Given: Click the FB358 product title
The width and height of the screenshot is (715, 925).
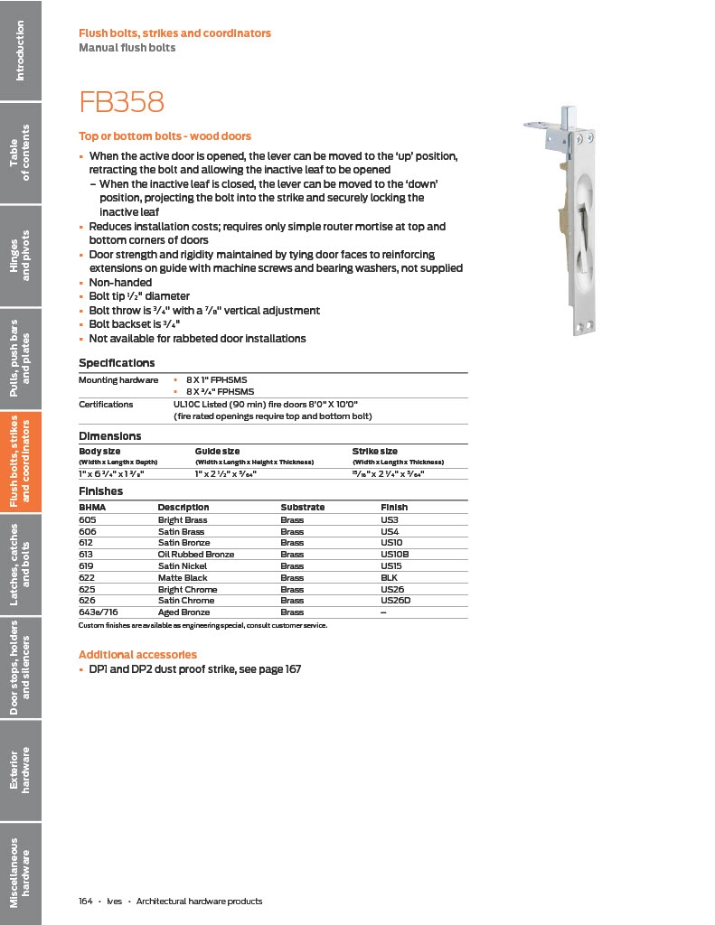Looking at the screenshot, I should [x=122, y=102].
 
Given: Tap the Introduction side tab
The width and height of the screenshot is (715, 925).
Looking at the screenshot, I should [x=20, y=50].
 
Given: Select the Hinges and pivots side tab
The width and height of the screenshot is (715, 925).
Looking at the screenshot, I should [x=20, y=256].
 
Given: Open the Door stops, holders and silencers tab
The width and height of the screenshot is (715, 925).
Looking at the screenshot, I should [x=20, y=668].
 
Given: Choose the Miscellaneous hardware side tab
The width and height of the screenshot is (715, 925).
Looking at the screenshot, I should [x=20, y=873].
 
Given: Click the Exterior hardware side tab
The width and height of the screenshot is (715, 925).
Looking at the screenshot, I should [x=20, y=771].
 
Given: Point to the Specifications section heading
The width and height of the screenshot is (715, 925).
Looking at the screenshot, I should [x=117, y=363].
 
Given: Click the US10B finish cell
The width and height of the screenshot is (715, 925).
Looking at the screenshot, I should [x=395, y=555].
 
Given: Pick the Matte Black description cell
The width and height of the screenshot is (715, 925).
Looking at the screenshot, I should [x=183, y=577].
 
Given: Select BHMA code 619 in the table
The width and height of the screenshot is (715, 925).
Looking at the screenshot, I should [x=87, y=566].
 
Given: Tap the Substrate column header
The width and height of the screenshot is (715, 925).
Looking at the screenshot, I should [x=302, y=508].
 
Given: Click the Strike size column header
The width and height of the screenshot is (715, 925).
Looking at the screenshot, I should [x=374, y=451].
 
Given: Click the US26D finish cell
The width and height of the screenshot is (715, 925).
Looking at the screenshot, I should [x=396, y=601].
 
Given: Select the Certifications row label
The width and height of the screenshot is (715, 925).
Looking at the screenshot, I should [x=106, y=405].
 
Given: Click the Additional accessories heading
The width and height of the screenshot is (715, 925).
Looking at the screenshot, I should [x=137, y=654].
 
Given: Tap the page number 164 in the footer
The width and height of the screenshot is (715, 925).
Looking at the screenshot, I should [x=86, y=902].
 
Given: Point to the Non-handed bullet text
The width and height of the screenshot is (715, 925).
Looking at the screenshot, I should [x=120, y=283].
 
